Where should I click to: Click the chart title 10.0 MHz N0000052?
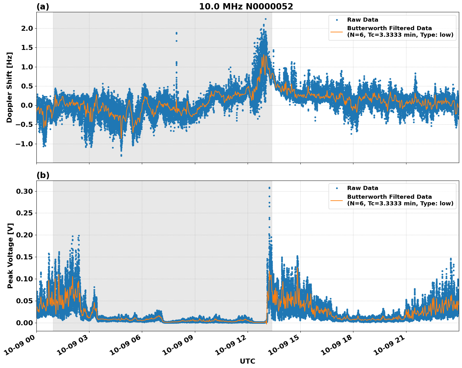point(246,7)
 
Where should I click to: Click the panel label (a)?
point(43,7)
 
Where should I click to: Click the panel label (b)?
point(43,175)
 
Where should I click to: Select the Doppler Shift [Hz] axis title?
point(9,87)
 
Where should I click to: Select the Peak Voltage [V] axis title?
point(10,256)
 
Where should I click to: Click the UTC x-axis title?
point(247,361)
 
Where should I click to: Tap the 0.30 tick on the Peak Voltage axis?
point(24,191)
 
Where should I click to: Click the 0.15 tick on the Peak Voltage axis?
point(24,257)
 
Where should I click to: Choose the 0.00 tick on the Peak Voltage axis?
point(24,323)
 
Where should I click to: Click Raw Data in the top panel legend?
point(363,20)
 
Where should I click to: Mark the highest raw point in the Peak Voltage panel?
point(269,188)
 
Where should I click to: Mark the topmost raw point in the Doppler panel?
point(266,19)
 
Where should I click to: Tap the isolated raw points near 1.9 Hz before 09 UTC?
point(176,33)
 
